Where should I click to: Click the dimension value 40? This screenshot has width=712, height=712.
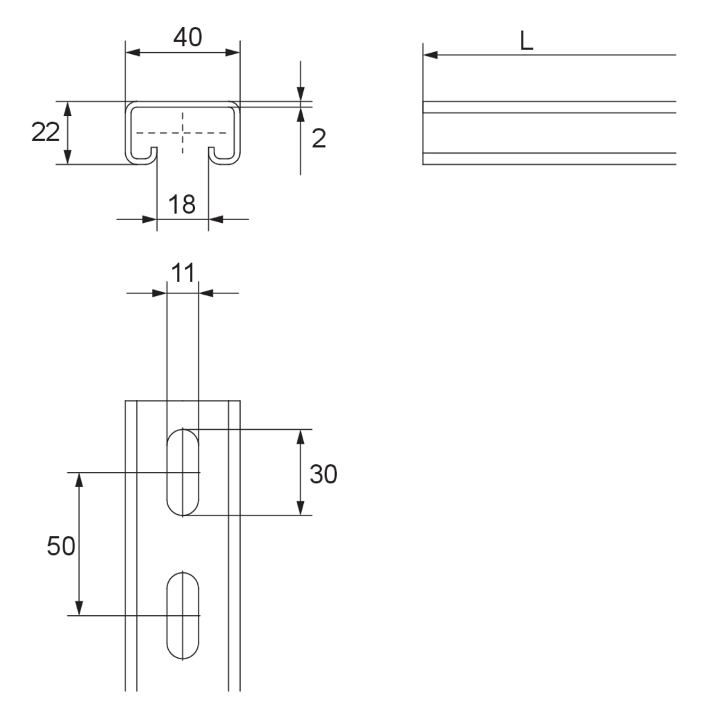187,37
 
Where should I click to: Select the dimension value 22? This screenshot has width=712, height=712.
45,132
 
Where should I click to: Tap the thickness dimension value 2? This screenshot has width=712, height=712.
319,138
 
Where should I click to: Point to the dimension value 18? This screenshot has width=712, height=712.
182,204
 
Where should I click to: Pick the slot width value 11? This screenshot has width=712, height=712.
183,273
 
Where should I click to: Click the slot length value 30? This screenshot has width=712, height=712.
323,474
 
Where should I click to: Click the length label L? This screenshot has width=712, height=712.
526,42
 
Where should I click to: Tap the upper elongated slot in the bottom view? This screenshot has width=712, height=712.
183,472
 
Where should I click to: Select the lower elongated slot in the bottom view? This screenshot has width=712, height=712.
183,615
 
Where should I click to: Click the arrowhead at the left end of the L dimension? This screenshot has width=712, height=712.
430,55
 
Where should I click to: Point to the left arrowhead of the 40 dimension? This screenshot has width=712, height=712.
133,53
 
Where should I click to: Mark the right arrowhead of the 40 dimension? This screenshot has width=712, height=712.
233,53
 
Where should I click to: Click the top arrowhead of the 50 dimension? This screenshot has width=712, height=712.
79,480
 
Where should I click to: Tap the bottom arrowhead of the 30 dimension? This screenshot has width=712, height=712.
300,508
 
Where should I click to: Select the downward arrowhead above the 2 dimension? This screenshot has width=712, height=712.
300,94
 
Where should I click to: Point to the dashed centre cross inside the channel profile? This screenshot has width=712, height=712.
183,133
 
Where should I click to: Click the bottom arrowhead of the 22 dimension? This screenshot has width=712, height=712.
68,157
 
